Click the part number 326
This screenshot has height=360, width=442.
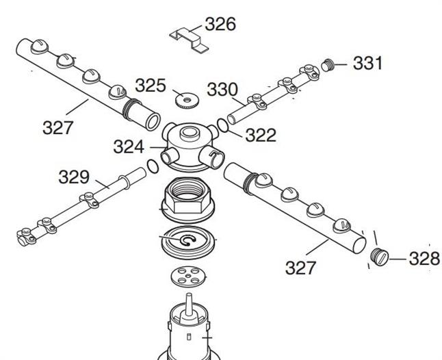(220, 25)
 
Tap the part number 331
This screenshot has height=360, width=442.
(368, 64)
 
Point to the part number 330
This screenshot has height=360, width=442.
(222, 89)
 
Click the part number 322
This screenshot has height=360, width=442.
(260, 135)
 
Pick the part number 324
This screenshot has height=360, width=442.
(129, 146)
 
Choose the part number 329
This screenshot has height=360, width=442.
(73, 177)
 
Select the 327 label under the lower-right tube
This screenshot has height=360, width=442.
(300, 268)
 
